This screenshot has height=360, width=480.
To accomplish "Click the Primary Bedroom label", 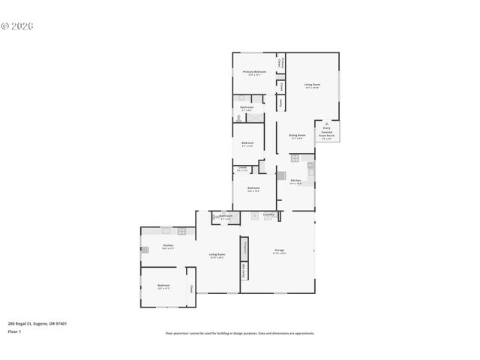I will pos(253,73).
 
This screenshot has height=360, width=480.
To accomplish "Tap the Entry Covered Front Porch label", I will pos(326,133).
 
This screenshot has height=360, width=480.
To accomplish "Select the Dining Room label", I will pos(297,136).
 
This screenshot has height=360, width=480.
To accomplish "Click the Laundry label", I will pos(268,215).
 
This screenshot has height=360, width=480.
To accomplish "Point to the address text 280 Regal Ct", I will pos(37,323).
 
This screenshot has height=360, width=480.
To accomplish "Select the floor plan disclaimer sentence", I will pos(239,333).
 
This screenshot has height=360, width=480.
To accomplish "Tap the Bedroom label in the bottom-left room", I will pos(163,286).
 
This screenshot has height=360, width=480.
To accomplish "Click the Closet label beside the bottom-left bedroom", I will pos(192,288).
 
